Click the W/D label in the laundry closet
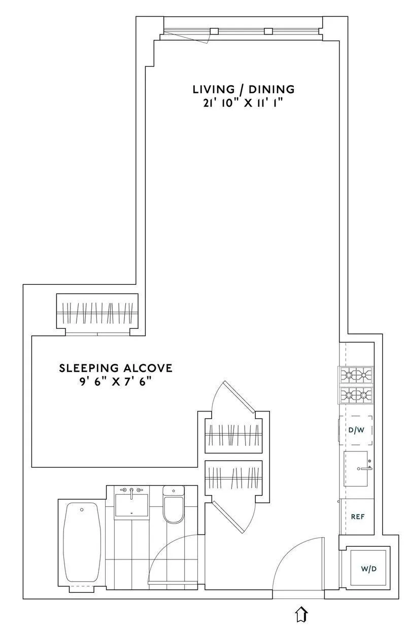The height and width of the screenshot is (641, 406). pyautogui.click(x=368, y=569)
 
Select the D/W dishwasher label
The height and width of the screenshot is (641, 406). pyautogui.click(x=356, y=430)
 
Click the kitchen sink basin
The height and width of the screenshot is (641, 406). pyautogui.click(x=355, y=469)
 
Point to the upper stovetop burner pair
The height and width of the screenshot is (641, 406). pyautogui.click(x=356, y=375)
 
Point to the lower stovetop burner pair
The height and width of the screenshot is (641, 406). pyautogui.click(x=356, y=394)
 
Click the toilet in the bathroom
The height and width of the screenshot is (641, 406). pyautogui.click(x=173, y=505)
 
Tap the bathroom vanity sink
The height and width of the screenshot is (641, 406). pyautogui.click(x=131, y=504)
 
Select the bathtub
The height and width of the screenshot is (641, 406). pyautogui.click(x=81, y=542)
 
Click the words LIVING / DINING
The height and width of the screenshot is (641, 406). pyautogui.click(x=243, y=90)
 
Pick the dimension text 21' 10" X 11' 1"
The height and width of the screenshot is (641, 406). pyautogui.click(x=243, y=103)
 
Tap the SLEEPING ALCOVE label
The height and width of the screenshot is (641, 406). pyautogui.click(x=116, y=368)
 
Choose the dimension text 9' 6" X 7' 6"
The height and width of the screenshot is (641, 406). pyautogui.click(x=116, y=381)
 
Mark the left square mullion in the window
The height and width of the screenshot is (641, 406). pyautogui.click(x=214, y=31)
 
